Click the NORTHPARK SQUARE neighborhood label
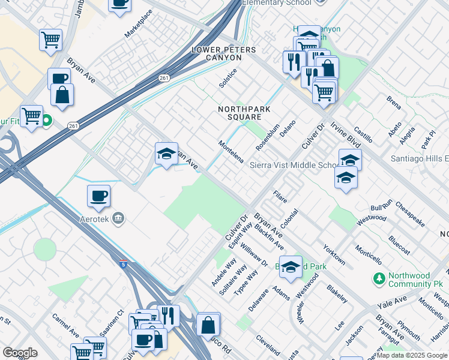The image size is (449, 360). coord(244,113)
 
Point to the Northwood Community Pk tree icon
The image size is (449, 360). coord(379,278)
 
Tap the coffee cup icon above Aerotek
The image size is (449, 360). coord(99,196)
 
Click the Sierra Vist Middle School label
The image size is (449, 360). coord(294,165)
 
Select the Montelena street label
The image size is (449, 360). coord(231,152)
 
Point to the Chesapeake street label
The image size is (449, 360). coord(410,214)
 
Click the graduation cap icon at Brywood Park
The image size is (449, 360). coord(291,268)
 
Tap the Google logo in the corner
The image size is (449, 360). coord(20,352)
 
